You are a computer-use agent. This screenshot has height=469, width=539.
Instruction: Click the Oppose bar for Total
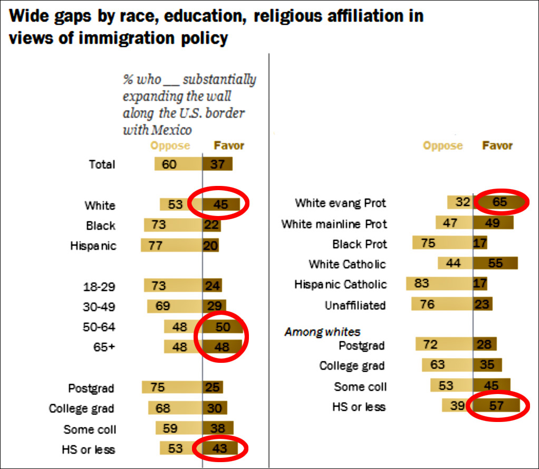click(x=178, y=164)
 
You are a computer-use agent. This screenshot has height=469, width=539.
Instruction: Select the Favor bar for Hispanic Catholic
click(x=480, y=284)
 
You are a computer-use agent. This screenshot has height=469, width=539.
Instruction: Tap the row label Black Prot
click(x=359, y=244)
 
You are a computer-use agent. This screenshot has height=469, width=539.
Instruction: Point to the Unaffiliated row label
click(x=355, y=305)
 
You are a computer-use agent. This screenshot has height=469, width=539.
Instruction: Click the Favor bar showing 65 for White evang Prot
click(x=497, y=202)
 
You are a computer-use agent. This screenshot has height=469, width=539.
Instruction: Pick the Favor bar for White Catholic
click(x=495, y=264)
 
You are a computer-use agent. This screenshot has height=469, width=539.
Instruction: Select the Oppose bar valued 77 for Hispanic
click(x=171, y=246)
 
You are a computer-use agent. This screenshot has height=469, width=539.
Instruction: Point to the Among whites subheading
click(x=322, y=332)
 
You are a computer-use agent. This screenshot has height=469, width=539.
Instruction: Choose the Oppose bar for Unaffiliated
click(x=442, y=304)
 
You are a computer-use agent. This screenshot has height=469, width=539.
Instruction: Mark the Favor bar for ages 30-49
click(x=214, y=306)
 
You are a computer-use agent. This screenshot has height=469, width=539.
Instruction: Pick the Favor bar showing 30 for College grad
click(x=215, y=408)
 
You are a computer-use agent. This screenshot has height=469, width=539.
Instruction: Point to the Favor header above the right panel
click(x=497, y=146)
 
